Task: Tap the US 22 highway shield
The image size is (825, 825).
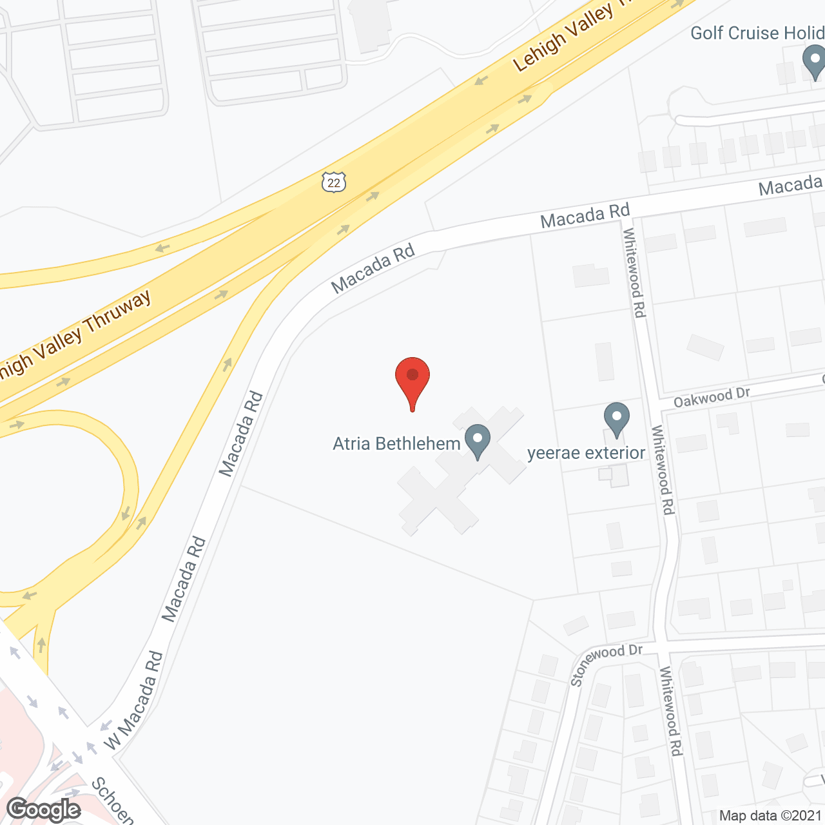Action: pos(333,182)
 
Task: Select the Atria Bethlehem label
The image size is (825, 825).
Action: pos(396,443)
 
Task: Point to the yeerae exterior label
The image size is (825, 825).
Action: pos(586,453)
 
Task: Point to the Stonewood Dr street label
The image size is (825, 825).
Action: pos(606,664)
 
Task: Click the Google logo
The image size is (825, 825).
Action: pos(44,810)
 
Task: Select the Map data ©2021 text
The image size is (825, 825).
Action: pos(771,815)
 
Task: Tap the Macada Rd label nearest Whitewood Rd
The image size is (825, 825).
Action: pos(585,216)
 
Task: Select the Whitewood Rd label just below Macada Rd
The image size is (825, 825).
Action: pos(634,273)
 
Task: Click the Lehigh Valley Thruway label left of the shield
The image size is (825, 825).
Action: pos(76,342)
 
